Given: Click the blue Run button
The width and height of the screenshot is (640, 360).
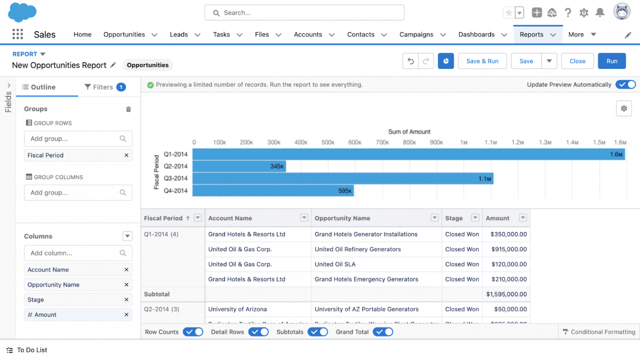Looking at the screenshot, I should tap(612, 61).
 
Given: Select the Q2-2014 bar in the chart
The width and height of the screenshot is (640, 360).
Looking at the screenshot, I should tap(239, 166).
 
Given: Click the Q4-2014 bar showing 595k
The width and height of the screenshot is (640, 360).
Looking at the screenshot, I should tap(273, 190).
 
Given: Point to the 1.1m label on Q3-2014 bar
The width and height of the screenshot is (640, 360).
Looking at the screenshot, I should tap(484, 179).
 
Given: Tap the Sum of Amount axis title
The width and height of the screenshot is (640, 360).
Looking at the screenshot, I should tap(409, 132).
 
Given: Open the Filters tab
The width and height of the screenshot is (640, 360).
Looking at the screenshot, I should tap(105, 87).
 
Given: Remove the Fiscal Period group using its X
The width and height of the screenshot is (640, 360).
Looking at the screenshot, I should tap(126, 155).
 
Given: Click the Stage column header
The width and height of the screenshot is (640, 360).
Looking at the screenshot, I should tap(454, 218).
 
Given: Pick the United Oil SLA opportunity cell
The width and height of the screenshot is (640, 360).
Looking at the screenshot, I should tap(335, 264).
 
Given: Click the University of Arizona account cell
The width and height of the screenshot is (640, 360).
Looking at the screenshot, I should tap(237, 309).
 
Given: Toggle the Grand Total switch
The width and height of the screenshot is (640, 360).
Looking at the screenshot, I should tap(383, 332).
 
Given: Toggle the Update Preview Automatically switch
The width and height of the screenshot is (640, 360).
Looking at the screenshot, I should tap(625, 84).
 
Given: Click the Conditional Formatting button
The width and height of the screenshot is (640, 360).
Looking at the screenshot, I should tap(598, 332).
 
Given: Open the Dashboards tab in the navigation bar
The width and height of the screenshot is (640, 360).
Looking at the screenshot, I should tap(476, 34).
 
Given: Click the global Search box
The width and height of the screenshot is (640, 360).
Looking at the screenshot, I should tap(304, 13).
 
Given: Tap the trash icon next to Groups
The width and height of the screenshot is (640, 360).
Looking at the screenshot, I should tap(128, 109).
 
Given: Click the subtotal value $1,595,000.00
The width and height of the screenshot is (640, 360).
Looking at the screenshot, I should tap(506, 294).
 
